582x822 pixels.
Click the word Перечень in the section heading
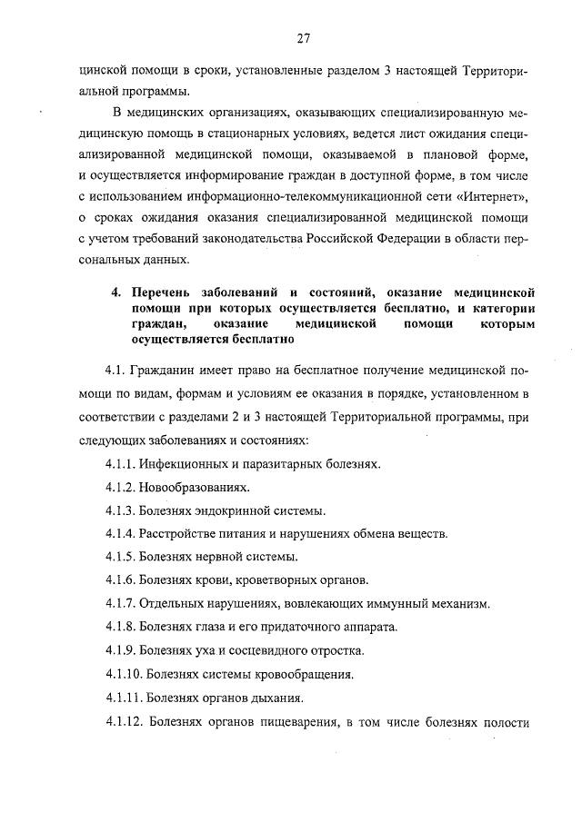[x=160, y=292]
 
